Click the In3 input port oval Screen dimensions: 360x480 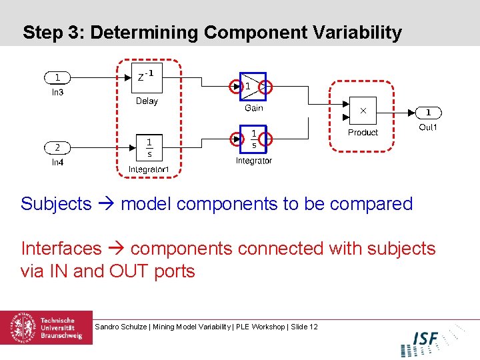[58, 78]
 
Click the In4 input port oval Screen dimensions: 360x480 [58, 147]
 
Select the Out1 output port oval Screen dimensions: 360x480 [428, 113]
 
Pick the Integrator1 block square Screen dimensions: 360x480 [149, 147]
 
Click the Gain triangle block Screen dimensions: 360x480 [253, 86]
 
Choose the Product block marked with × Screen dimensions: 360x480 [363, 111]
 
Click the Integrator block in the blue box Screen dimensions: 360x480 [253, 139]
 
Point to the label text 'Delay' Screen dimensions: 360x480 [147, 101]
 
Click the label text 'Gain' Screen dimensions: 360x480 [253, 108]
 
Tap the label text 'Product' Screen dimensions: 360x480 [363, 133]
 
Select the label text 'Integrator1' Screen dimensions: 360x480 [149, 170]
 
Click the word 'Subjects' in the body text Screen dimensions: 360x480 [56, 204]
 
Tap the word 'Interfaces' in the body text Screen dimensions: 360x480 [61, 249]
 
